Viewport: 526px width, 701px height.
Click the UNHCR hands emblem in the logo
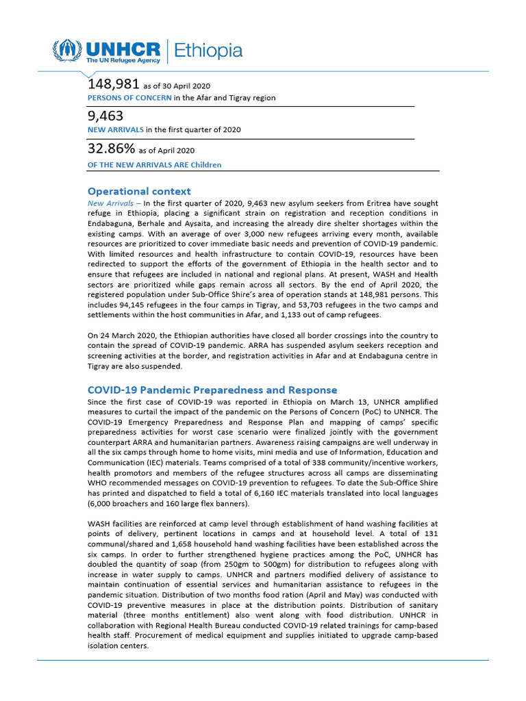(67, 50)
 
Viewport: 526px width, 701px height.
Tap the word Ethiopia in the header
(208, 51)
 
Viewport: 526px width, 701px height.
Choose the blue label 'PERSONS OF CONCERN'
(129, 98)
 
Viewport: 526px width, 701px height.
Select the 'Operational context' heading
(139, 191)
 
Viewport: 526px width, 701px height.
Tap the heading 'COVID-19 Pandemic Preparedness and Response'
(212, 390)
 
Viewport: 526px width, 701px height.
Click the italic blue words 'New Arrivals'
(110, 203)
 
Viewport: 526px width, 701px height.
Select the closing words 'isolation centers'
(118, 646)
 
